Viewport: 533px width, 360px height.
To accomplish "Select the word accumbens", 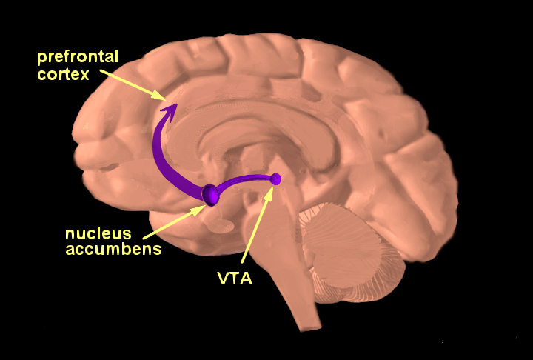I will (113, 250).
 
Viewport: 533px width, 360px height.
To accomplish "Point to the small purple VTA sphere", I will (276, 179).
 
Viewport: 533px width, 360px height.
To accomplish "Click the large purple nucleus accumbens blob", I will (210, 194).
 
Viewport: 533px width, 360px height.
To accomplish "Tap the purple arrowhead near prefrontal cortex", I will (170, 111).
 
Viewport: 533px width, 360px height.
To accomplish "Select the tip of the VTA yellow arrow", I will (272, 187).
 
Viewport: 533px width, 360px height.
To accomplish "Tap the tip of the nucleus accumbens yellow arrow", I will (204, 206).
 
